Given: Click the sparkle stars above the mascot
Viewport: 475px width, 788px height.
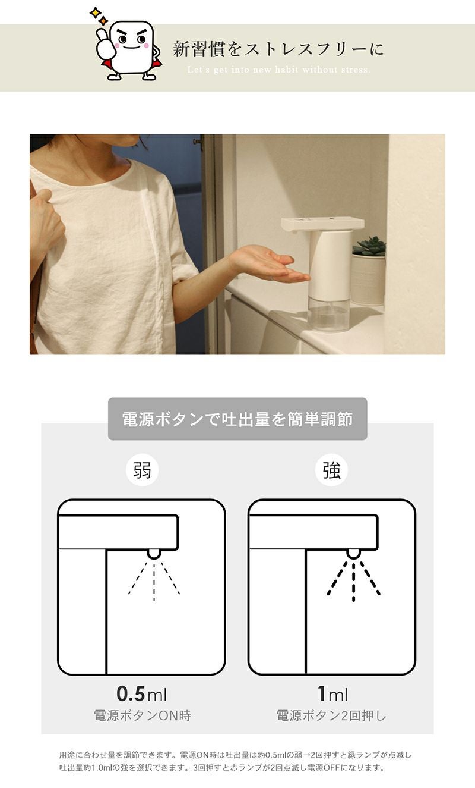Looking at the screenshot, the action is pos(99,17).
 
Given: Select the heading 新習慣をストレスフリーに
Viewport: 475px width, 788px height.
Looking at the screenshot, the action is pos(278,49).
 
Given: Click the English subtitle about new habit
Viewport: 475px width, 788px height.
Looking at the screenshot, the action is pos(278,70).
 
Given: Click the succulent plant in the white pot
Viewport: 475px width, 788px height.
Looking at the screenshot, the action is pos(369,246).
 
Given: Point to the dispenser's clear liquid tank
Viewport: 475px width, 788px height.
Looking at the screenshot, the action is pos(329,314).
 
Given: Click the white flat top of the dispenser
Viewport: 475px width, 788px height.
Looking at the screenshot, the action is pos(322,224).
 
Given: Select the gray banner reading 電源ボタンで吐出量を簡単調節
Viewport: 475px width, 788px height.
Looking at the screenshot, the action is pos(237,419).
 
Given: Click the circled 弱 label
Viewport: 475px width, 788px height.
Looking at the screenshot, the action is pos(142,470).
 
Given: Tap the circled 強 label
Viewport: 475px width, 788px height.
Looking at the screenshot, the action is pos(331,470).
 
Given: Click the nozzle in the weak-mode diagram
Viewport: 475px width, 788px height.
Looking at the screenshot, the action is pos(154,553).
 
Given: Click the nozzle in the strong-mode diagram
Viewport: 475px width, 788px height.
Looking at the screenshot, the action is pos(353,553).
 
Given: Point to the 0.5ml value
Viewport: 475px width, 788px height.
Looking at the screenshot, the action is pos(141,693).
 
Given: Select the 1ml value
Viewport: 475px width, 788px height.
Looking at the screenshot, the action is pos(332,693).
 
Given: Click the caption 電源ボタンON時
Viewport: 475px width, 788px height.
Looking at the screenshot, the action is pos(142,715).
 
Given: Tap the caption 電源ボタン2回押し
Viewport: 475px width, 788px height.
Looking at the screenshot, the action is pos(331,715).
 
